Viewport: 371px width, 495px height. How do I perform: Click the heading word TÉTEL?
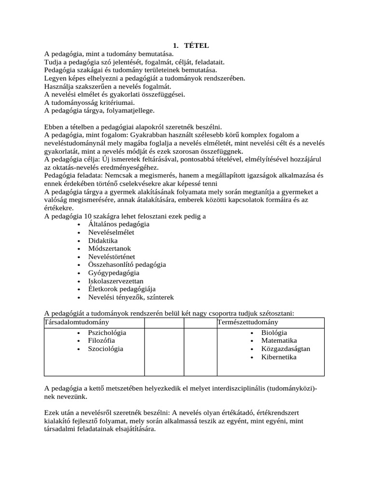(197, 45)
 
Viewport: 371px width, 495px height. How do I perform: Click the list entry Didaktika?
(102, 240)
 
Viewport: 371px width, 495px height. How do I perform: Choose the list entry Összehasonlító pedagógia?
(127, 264)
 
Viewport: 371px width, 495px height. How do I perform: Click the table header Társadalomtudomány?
(77, 322)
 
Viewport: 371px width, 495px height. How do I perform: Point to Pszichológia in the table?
(107, 333)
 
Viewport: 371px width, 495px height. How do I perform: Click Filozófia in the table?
(101, 341)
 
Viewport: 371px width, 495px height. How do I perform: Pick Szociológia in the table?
(105, 349)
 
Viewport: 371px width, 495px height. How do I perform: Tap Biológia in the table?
(274, 333)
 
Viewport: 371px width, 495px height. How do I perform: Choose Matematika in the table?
(279, 341)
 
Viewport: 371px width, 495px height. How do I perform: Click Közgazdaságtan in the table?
(285, 349)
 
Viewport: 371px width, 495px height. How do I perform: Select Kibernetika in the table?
(279, 357)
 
